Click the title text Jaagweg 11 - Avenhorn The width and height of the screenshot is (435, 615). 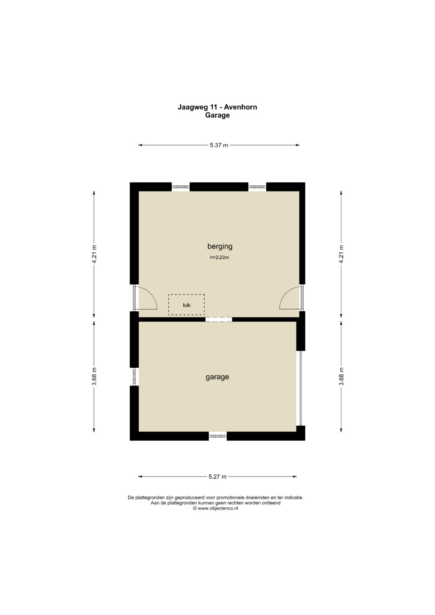click(x=217, y=107)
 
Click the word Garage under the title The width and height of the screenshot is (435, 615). click(x=217, y=115)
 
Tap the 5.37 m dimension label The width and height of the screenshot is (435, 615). click(x=219, y=145)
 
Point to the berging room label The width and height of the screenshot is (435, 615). click(x=220, y=246)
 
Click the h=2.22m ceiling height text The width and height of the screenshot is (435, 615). click(x=220, y=257)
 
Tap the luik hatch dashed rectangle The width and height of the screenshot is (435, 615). click(x=186, y=304)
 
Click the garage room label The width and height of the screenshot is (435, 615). click(x=217, y=377)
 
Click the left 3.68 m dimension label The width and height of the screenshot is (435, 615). click(x=94, y=376)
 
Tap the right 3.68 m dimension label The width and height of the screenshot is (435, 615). click(x=342, y=376)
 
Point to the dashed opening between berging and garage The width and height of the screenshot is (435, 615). click(x=219, y=319)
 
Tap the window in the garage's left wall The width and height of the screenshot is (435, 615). click(x=134, y=377)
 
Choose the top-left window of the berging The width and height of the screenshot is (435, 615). click(x=181, y=187)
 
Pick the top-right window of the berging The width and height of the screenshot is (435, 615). click(x=257, y=187)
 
